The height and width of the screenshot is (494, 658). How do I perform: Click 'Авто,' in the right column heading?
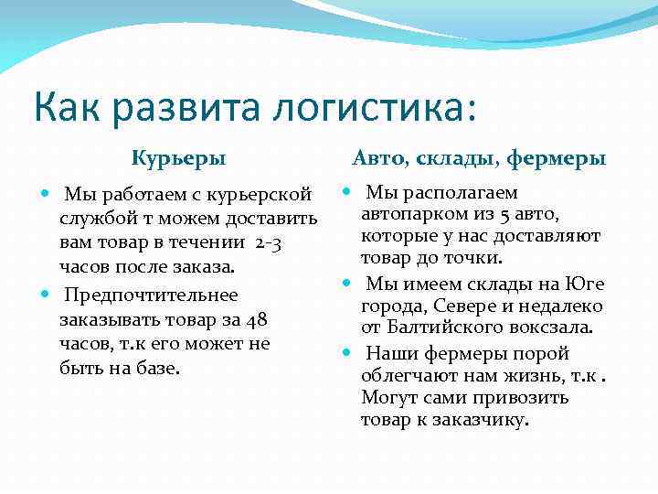click(384, 159)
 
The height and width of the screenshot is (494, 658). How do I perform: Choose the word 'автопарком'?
click(408, 215)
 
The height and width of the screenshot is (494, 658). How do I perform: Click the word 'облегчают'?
click(408, 376)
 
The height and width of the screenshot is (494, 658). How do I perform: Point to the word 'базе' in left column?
click(157, 369)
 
